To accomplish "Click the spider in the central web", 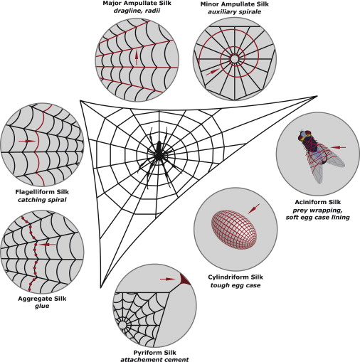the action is pos(158,154).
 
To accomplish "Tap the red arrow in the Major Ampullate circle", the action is pos(137,58).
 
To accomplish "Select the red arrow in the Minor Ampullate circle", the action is pos(213,72).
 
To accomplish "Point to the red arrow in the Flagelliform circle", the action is pos(27,141).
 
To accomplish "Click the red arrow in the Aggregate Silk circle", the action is pos(47,245).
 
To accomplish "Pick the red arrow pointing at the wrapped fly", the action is pos(338,147).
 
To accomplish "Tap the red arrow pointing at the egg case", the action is pos(253,208).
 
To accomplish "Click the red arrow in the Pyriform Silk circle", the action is pos(168,279).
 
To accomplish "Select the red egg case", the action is pos(234,230).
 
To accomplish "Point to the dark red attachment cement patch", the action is pos(184,280).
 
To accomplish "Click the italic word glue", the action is pos(42,306).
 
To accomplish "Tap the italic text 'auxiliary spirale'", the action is pos(234,11).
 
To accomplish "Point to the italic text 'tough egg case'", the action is pos(235,285).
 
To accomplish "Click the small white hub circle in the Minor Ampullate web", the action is pos(234,59).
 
